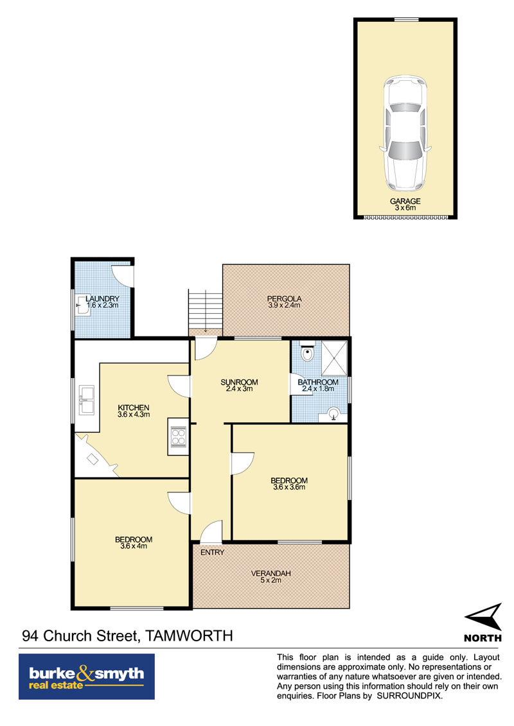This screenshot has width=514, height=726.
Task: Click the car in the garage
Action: pos(405,134)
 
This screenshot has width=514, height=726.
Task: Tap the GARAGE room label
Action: pos(405,201)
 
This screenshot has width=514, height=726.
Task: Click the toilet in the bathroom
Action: pos(307,351)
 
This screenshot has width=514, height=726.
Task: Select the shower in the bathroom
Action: pos(334,358)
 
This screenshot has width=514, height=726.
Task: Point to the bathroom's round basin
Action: pos(333,413)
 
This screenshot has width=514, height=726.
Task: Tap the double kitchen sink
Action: pos(87,400)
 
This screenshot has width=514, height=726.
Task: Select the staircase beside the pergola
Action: pos(206,309)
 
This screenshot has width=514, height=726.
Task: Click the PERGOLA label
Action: pos(284,298)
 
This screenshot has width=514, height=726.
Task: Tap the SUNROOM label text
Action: pos(239,382)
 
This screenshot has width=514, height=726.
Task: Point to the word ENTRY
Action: pos(212,553)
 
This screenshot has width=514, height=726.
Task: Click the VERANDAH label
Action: pos(271,573)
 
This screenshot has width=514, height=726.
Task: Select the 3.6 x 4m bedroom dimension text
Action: pos(134,546)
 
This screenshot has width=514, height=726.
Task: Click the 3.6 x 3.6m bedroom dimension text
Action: pos(289,487)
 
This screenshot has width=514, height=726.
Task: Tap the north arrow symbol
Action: pos(484,616)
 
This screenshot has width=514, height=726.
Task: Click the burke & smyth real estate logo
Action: pos(87,677)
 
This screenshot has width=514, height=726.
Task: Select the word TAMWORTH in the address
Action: pos(189,636)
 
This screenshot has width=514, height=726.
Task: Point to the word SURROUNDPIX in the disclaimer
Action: pos(409,696)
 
